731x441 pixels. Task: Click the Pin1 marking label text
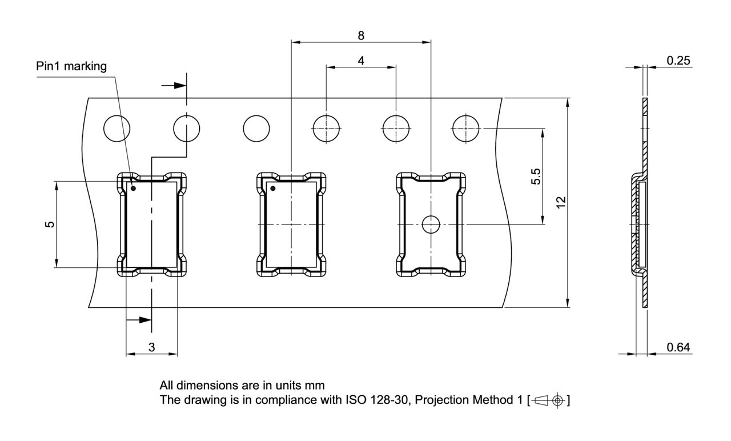click(71, 66)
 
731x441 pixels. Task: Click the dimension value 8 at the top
click(361, 35)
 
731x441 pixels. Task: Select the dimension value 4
click(361, 61)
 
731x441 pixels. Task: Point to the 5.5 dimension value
click(536, 177)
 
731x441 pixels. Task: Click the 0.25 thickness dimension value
click(678, 61)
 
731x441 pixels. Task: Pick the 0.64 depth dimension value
click(678, 347)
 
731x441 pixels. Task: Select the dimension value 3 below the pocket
click(151, 347)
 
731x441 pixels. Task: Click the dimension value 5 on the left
click(50, 224)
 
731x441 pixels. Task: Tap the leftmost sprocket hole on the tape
click(117, 129)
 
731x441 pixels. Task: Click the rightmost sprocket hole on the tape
click(465, 129)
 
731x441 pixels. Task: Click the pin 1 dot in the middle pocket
click(273, 189)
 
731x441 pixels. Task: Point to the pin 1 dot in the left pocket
click(134, 188)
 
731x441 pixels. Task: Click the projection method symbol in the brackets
click(549, 400)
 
